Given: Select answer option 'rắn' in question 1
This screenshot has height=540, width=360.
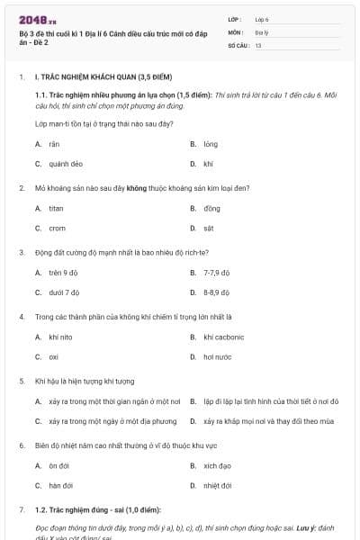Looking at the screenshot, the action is point(54,144).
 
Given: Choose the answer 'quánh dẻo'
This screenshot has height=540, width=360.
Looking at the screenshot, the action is point(66,164).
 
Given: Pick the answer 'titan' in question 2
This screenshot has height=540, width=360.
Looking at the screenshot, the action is point(57,209).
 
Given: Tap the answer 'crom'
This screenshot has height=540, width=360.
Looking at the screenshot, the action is point(57,229).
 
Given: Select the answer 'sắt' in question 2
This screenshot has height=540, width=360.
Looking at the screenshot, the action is point(209,229).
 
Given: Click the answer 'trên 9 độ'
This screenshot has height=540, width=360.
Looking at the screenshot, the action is point(64,273).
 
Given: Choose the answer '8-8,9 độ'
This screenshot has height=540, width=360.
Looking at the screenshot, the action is point(217,292).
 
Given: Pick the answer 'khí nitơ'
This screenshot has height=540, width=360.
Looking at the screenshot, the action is point(60,337).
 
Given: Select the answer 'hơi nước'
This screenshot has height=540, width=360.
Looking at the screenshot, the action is point(217,357).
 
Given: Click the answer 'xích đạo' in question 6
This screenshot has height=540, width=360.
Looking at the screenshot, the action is point(217,466).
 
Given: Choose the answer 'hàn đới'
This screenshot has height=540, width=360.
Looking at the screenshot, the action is point(60,486).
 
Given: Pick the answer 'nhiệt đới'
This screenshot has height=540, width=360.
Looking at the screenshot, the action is point(218,486).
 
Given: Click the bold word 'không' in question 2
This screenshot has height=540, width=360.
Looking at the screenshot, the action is point(137,188).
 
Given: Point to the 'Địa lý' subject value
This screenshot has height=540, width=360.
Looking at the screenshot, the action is point(262,31).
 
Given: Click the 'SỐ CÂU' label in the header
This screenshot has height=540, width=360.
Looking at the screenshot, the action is point(237,44).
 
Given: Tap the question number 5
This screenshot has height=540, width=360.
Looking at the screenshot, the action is point(22,381).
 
